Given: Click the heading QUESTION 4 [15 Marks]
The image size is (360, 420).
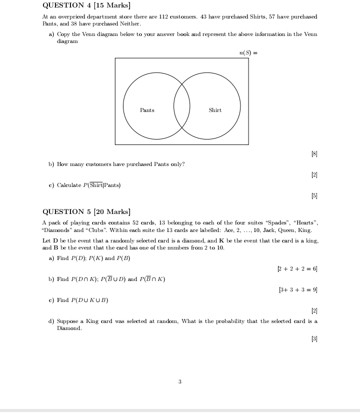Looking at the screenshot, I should pyautogui.click(x=86, y=5).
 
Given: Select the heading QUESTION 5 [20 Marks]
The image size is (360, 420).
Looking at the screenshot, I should pyautogui.click(x=86, y=211).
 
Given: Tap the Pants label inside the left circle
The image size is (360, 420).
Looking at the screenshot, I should pyautogui.click(x=147, y=110).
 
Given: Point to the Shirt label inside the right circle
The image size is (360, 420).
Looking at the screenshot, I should pyautogui.click(x=215, y=110).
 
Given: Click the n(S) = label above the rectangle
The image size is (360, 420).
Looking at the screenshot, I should pyautogui.click(x=248, y=52).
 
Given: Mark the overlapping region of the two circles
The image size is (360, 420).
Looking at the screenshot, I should pyautogui.click(x=182, y=106).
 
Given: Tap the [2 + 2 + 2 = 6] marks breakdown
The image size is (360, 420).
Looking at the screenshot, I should pyautogui.click(x=297, y=269).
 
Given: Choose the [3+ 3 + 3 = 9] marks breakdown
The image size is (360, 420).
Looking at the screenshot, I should pyautogui.click(x=298, y=289).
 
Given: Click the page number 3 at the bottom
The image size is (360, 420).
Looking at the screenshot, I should pyautogui.click(x=180, y=382).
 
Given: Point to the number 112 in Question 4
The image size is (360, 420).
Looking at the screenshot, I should pyautogui.click(x=163, y=17).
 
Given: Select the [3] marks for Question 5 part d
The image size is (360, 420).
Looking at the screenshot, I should pyautogui.click(x=314, y=339).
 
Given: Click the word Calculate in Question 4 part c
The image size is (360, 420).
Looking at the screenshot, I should pyautogui.click(x=69, y=185).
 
